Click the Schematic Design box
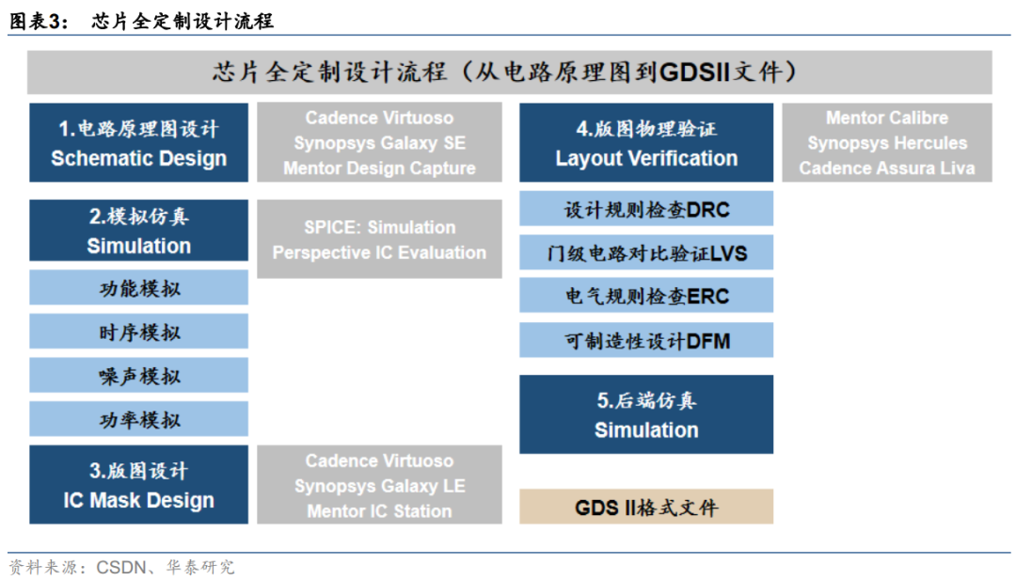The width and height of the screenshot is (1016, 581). (x=138, y=142)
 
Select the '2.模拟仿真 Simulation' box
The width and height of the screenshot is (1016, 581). (x=138, y=230)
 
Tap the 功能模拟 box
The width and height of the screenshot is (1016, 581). (x=138, y=288)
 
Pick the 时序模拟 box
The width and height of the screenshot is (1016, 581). (x=138, y=331)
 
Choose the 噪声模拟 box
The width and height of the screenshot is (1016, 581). (x=138, y=375)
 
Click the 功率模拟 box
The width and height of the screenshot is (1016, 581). (x=138, y=419)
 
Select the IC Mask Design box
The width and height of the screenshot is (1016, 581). (x=138, y=484)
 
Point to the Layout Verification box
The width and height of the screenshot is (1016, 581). (x=646, y=142)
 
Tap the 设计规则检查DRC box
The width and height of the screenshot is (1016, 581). (x=646, y=209)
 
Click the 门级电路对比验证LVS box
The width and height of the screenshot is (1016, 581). (x=646, y=252)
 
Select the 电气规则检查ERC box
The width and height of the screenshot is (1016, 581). (x=646, y=296)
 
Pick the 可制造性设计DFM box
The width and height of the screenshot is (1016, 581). (x=646, y=340)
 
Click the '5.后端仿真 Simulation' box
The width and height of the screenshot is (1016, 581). (x=646, y=414)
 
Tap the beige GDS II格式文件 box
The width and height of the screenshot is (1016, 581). (x=646, y=507)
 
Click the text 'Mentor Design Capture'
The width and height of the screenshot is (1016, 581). (x=380, y=168)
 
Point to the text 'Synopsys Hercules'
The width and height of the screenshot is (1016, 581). (x=887, y=142)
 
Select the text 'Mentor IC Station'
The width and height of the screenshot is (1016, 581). (x=380, y=511)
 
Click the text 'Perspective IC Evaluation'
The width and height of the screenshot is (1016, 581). (x=380, y=252)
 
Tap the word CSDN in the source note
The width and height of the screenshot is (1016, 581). (x=121, y=568)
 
